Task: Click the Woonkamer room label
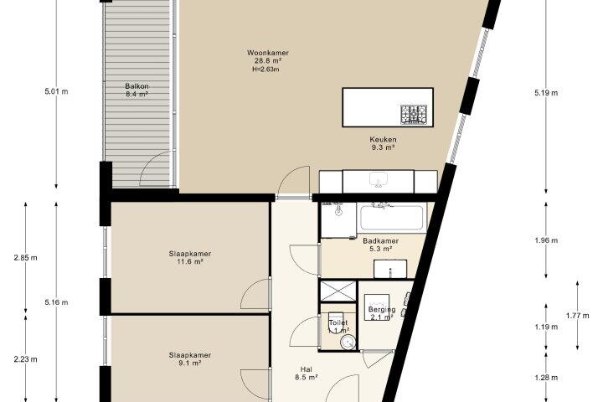pos(268,53)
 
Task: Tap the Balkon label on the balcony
pos(137,86)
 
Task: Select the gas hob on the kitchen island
pos(414,114)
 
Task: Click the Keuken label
pos(383,139)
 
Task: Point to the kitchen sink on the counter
pos(378,180)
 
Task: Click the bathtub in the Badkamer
pos(391,218)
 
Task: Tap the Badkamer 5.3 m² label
pos(381,245)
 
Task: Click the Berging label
pos(382,309)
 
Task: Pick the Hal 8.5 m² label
pos(307,374)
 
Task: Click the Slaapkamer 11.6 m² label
pos(190,258)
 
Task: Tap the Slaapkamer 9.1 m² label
pos(190,359)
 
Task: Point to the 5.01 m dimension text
pos(56,91)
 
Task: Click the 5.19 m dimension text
pos(546,93)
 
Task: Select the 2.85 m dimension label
pos(25,258)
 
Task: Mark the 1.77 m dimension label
pos(577,316)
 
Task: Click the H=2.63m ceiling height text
pos(265,70)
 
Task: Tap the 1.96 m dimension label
pos(546,240)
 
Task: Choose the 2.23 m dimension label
pos(25,359)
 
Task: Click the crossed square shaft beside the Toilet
pos(338,291)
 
